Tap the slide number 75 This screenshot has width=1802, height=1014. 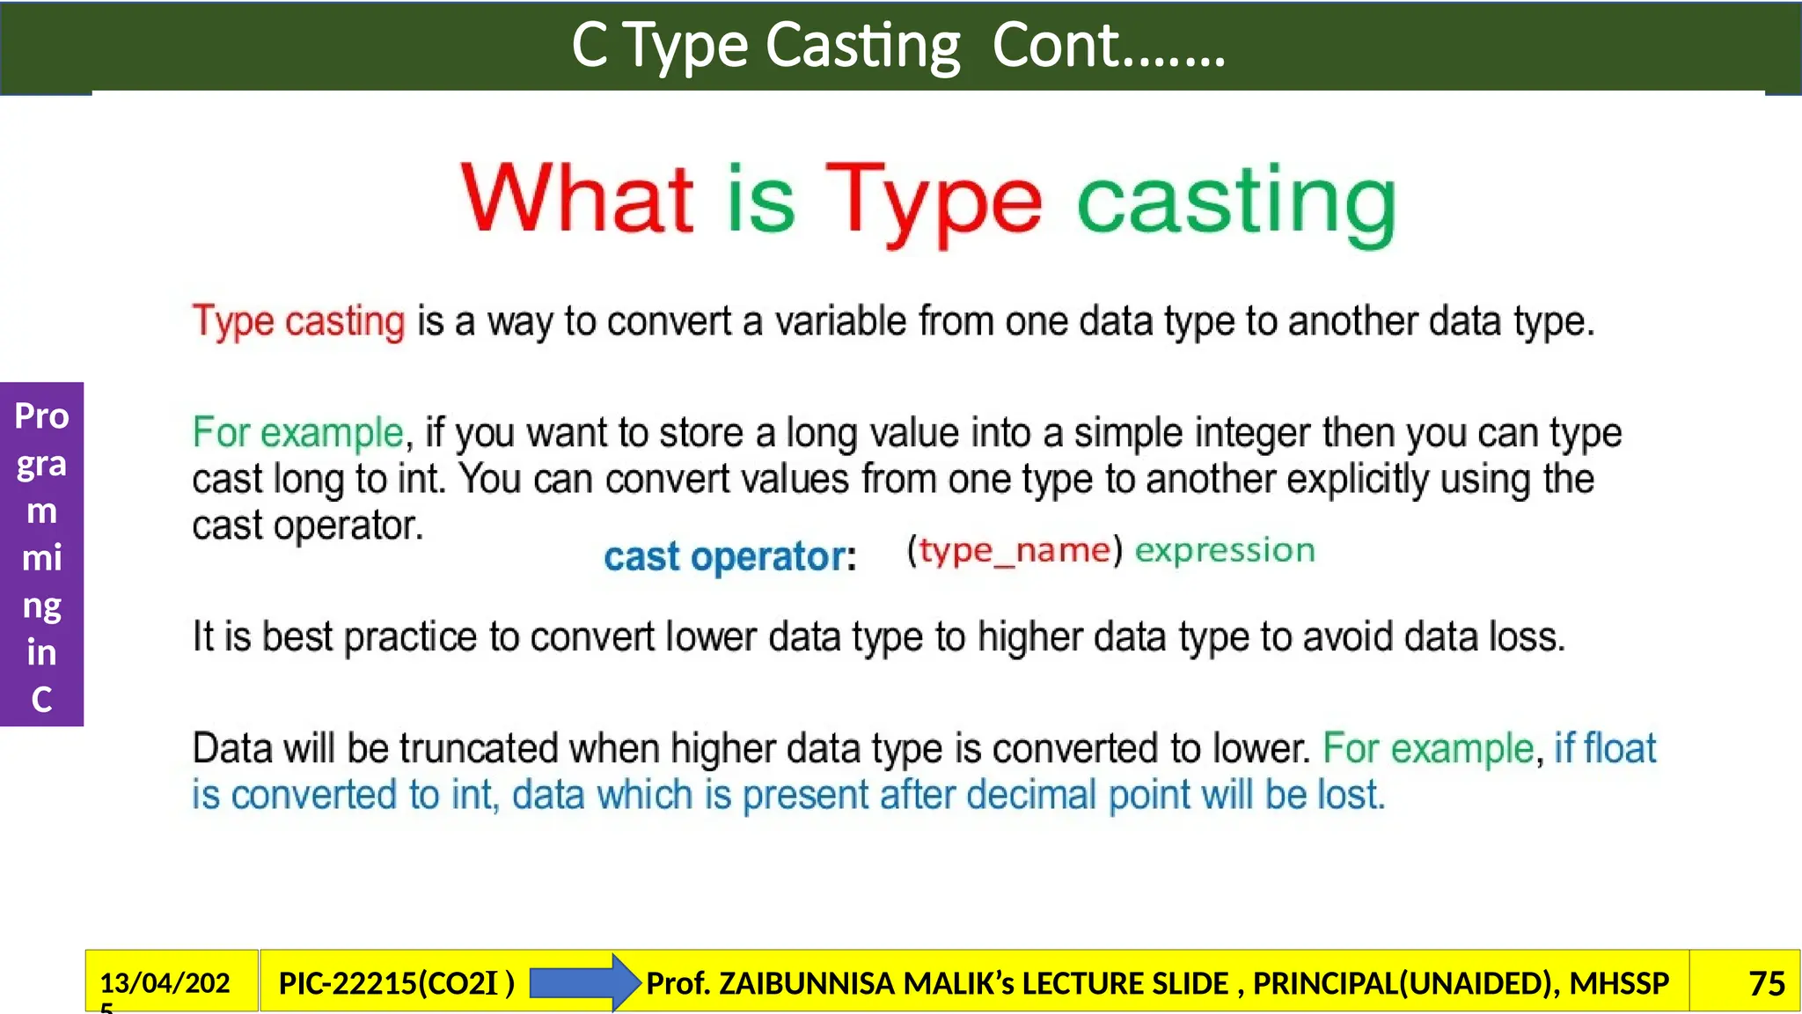pyautogui.click(x=1766, y=983)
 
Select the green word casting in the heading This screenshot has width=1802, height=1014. pyautogui.click(x=1236, y=203)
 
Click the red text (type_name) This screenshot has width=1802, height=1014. pyautogui.click(x=1015, y=550)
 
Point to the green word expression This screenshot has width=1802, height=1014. pyautogui.click(x=1225, y=550)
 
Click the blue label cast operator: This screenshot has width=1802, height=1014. pyautogui.click(x=729, y=556)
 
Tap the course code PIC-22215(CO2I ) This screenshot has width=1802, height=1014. pyautogui.click(x=396, y=983)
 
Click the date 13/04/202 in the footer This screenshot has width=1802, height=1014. pyautogui.click(x=165, y=982)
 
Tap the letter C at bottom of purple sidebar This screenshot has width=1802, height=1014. pyautogui.click(x=41, y=700)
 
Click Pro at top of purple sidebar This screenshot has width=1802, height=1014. pyautogui.click(x=41, y=415)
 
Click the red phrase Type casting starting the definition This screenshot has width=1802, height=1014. pyautogui.click(x=298, y=321)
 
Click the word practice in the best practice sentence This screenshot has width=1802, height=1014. pyautogui.click(x=410, y=636)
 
